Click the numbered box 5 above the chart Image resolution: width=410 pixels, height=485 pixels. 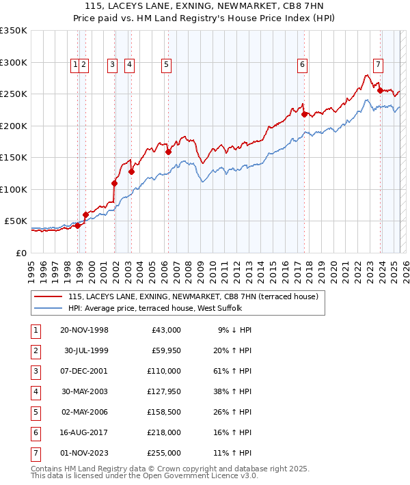166,66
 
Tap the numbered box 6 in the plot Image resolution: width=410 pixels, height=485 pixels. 301,66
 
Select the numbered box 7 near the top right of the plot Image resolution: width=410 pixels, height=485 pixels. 378,66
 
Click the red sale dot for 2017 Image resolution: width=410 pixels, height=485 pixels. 305,114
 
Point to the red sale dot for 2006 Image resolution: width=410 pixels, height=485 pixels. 168,152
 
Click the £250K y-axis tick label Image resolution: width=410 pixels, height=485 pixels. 14,94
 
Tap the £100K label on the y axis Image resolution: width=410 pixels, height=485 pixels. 14,189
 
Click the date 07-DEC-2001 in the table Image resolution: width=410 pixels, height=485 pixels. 84,371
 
